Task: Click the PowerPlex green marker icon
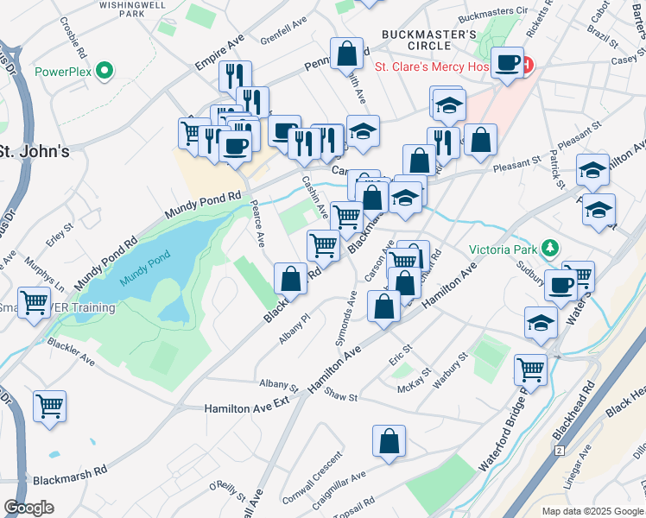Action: click(x=105, y=71)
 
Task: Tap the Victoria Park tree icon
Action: click(x=550, y=250)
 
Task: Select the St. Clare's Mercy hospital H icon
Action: click(x=526, y=65)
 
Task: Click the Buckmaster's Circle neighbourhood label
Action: click(x=429, y=41)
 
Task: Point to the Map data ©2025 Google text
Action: click(x=592, y=511)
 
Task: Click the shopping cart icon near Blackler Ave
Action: click(x=50, y=405)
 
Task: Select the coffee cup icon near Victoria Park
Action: click(x=560, y=286)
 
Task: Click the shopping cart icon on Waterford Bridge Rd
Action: click(x=530, y=370)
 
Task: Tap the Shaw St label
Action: click(x=342, y=397)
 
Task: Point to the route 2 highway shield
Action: click(x=560, y=451)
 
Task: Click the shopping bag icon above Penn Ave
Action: click(x=346, y=54)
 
